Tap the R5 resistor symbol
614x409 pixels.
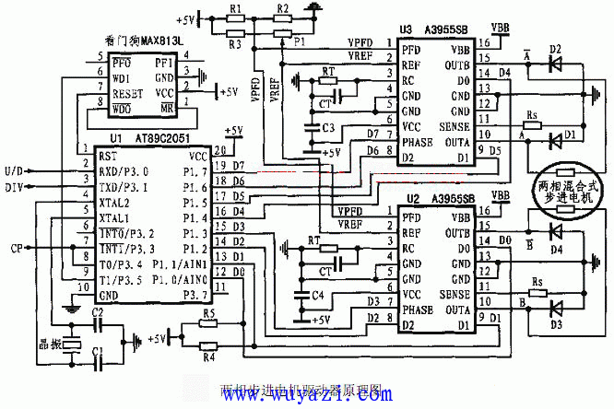tap(209, 325)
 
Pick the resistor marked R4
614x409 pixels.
tap(209, 347)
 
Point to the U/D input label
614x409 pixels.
tap(16, 171)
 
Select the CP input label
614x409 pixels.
tap(18, 248)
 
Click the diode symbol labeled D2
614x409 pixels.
tap(554, 65)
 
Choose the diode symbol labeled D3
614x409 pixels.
tap(554, 310)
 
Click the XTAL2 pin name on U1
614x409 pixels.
tap(113, 202)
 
